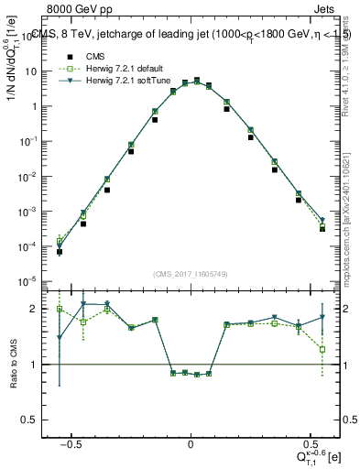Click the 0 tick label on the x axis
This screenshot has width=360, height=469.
(x=190, y=445)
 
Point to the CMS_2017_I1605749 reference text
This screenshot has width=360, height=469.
(x=190, y=274)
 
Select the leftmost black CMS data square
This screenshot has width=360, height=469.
(x=59, y=252)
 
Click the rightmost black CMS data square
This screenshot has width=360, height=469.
(x=322, y=229)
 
